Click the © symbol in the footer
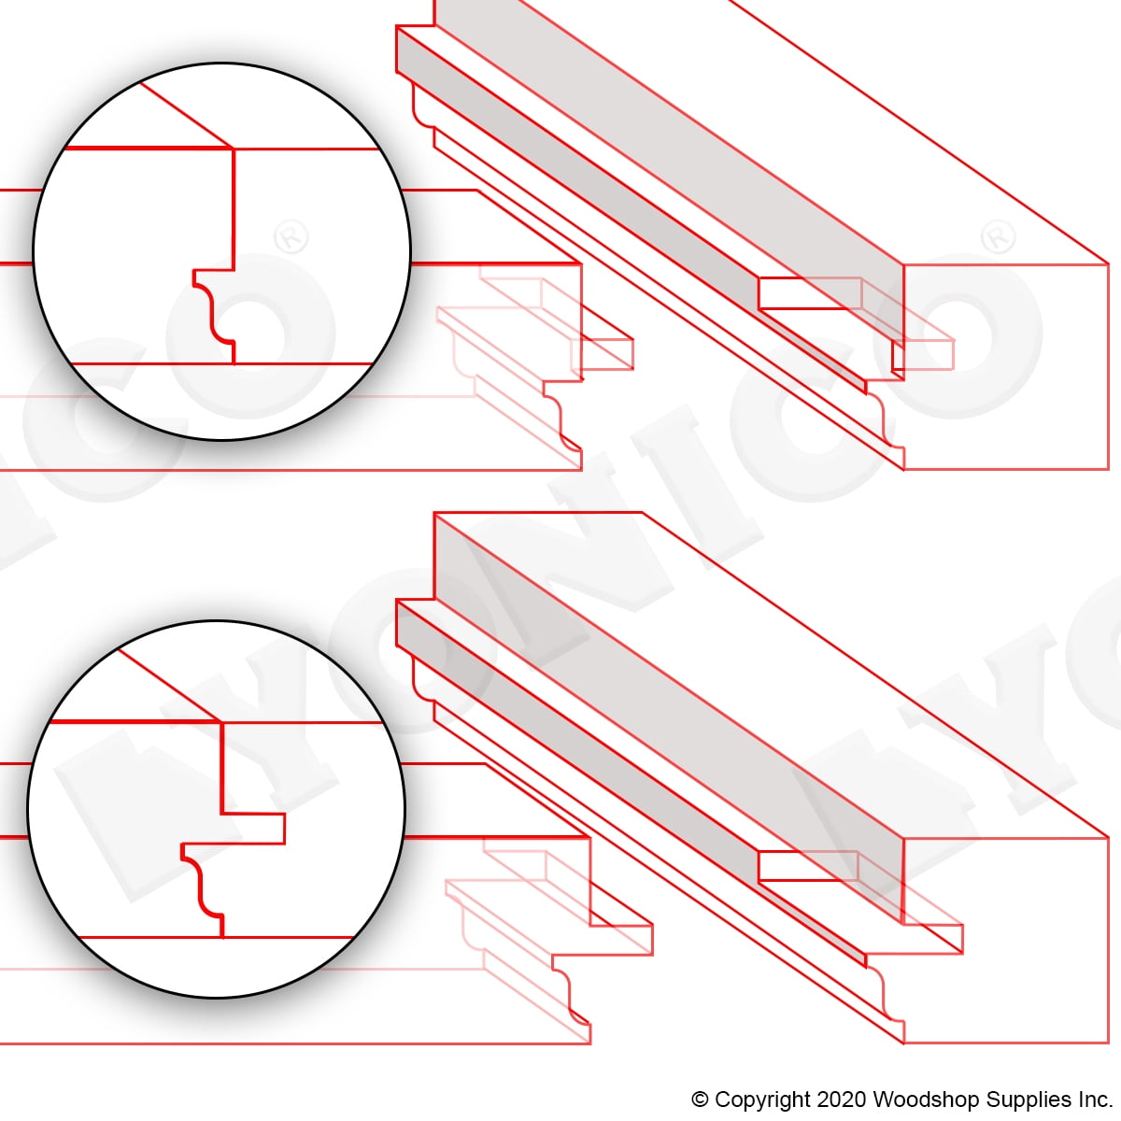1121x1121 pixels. coord(700,1100)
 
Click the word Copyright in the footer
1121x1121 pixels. coord(762,1100)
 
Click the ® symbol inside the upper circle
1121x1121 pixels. coord(291,236)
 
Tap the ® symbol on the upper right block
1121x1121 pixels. coord(999,236)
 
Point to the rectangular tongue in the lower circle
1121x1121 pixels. coord(254,829)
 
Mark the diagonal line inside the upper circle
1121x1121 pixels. coord(186,115)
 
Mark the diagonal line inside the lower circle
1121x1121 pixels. coord(169,686)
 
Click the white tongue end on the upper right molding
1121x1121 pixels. coord(810,293)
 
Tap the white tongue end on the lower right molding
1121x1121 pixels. coord(808,866)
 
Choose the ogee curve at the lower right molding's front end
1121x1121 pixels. coord(885,996)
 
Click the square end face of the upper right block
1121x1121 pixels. coord(1006,366)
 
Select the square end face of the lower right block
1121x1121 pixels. coord(1006,940)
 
